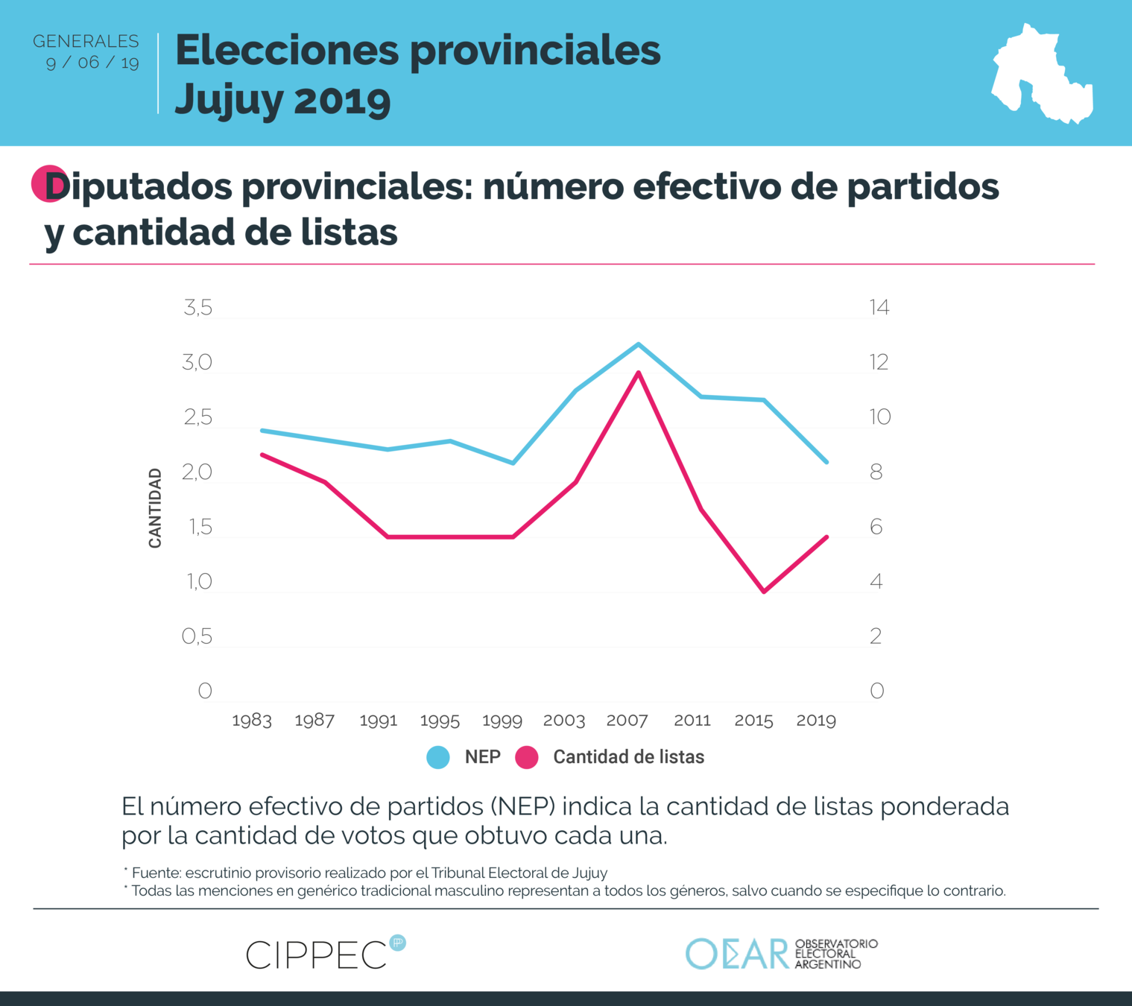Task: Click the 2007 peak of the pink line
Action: [639, 373]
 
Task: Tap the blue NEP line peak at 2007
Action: [639, 344]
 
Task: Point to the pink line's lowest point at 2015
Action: [764, 592]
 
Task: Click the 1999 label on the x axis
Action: [502, 721]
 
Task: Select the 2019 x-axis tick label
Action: [816, 721]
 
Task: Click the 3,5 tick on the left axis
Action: [197, 308]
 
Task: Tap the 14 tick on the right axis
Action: [879, 308]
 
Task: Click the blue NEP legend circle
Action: [438, 757]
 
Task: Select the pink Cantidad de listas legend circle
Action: [527, 757]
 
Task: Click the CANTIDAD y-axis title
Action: [155, 508]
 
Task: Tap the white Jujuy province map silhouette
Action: [1042, 75]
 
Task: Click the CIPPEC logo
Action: [325, 954]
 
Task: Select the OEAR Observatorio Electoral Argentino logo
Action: [781, 954]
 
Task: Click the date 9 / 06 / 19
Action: [92, 63]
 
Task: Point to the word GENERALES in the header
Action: [86, 41]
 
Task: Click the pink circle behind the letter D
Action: [46, 183]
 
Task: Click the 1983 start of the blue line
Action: [262, 431]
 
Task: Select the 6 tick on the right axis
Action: [876, 527]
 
